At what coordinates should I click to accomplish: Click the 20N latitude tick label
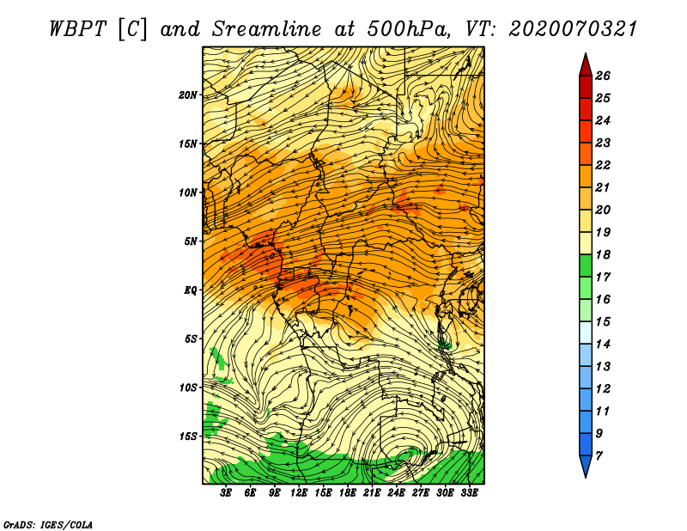coord(188,95)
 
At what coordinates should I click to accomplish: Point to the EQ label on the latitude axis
coord(190,290)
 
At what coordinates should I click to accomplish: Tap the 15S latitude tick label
coord(189,436)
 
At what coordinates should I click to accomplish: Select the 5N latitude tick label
coord(191,241)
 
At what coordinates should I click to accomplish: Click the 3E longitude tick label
coord(226,493)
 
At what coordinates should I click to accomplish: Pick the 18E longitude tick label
coord(348,493)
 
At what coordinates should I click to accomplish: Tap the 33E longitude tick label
coord(469,493)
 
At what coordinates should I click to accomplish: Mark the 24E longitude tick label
coord(396,493)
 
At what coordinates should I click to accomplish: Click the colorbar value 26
coord(603,76)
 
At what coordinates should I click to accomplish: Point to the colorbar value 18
coord(603,254)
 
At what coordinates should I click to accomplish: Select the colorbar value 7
coord(599,456)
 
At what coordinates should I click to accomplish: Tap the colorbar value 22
coord(603,165)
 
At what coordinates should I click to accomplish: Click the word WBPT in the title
coord(77,29)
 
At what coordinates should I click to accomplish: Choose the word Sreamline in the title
coord(267,29)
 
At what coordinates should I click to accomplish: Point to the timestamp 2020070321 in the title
coord(573,29)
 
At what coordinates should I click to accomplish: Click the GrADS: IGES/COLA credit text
coord(48,525)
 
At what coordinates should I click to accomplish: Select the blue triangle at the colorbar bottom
coord(586,465)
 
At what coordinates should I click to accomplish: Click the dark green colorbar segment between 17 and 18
coord(586,265)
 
